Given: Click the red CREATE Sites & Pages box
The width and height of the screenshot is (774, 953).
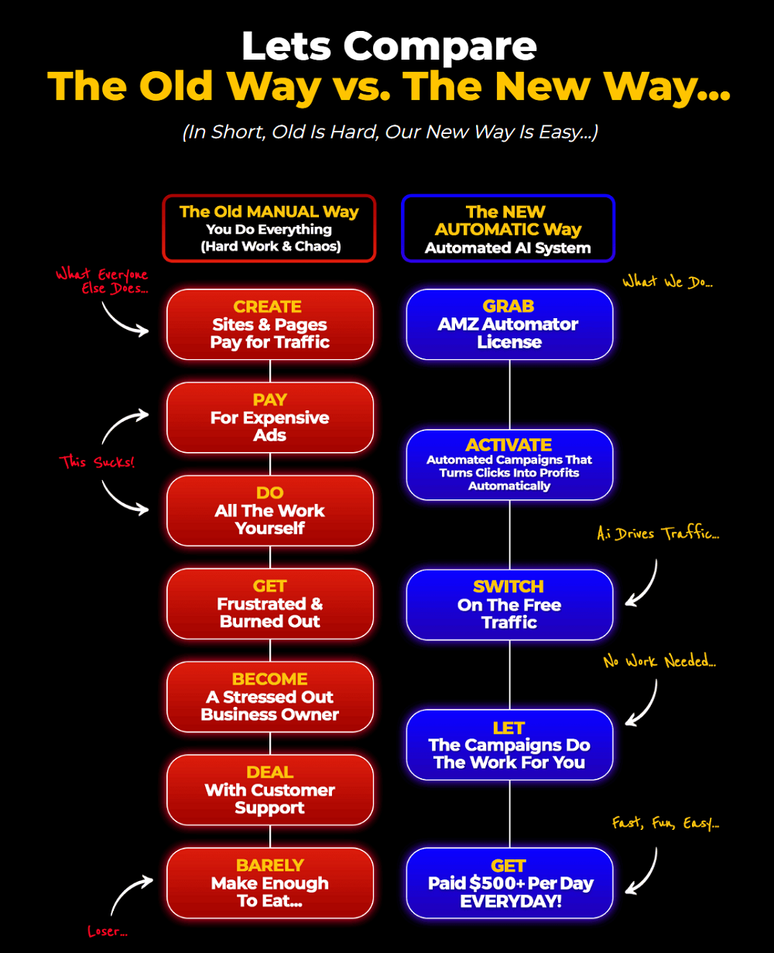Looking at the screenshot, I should (x=270, y=324).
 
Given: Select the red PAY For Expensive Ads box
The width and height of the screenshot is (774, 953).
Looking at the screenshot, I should (x=270, y=417).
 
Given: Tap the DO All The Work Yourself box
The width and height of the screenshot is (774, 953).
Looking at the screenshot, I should (x=270, y=510).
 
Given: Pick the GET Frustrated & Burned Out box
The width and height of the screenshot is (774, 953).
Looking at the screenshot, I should (x=270, y=604).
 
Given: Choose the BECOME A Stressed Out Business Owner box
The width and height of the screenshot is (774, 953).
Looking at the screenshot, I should (x=270, y=697).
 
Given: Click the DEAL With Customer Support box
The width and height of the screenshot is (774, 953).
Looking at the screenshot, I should (x=270, y=790).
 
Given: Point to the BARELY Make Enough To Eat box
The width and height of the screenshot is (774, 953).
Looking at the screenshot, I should (x=270, y=883).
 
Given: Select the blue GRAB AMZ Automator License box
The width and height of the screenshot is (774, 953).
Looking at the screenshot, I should (x=509, y=324).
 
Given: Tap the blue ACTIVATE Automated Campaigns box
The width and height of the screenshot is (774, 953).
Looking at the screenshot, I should (x=509, y=465).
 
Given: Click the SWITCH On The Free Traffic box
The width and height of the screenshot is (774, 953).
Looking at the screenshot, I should (x=509, y=605).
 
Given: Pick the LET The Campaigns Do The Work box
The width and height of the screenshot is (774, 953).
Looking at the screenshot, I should (x=509, y=745).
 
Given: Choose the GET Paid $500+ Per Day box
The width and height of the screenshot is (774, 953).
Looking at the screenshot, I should (x=509, y=883).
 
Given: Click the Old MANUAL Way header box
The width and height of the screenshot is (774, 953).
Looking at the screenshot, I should (x=269, y=228).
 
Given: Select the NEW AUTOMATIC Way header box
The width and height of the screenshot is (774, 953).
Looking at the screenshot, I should (x=508, y=228).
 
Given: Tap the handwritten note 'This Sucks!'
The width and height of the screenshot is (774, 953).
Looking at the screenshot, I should (x=97, y=462).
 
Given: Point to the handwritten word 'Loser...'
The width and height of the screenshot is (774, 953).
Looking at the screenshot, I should (x=108, y=931).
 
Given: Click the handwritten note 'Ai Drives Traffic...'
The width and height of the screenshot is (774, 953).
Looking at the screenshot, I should (x=657, y=533).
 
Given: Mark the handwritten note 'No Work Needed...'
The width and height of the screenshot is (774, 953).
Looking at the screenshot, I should (x=659, y=661).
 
